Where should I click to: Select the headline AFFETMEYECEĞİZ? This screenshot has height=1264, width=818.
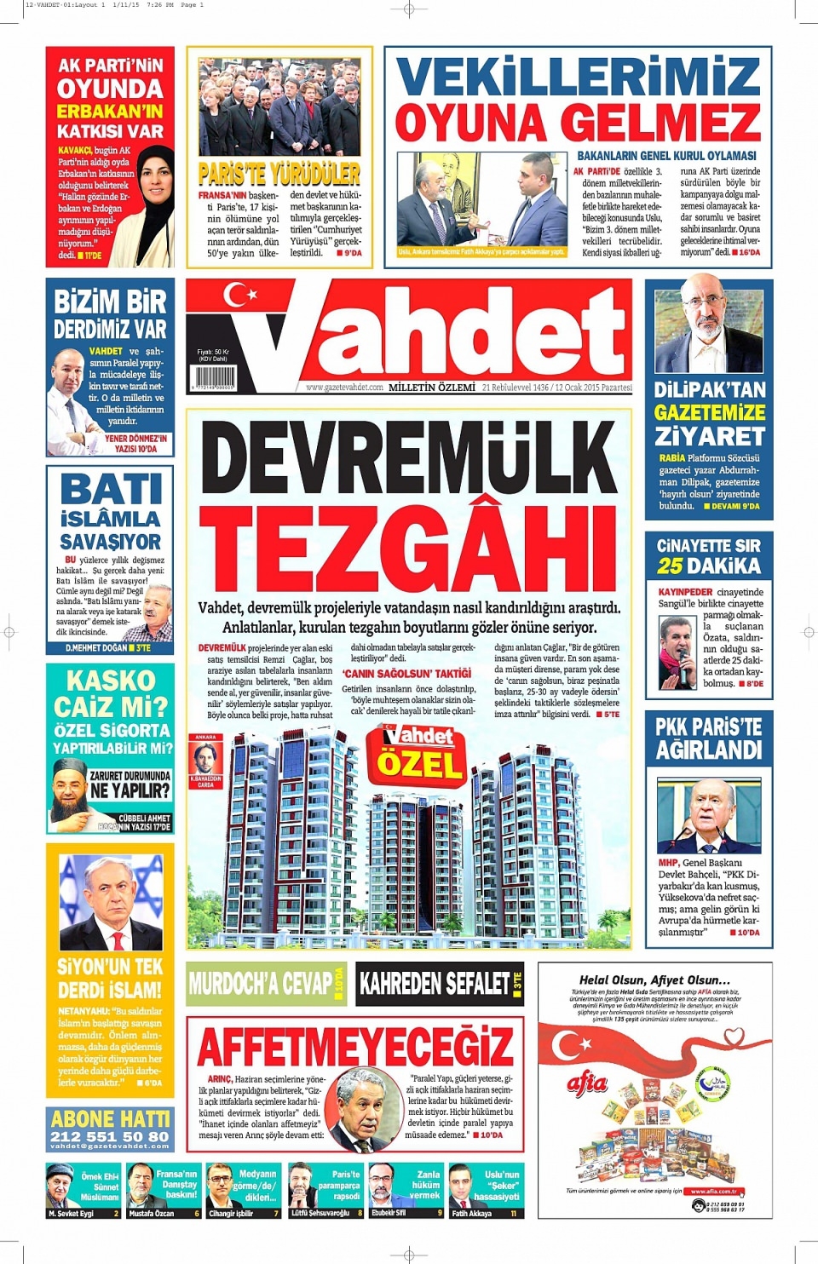356,1046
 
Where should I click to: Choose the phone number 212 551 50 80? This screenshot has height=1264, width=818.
110,1136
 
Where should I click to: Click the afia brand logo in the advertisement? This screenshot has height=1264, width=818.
587,1083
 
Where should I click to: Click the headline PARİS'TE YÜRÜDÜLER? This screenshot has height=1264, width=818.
279,175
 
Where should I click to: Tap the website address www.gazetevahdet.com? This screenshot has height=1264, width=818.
344,388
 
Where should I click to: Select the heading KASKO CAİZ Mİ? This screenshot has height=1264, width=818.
110,694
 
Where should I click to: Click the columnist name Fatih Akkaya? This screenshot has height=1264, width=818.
472,1213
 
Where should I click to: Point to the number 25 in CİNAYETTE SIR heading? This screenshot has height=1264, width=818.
670,566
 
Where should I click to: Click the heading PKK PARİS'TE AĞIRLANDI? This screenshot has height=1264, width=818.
709,738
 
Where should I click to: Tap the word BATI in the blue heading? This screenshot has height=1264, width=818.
112,491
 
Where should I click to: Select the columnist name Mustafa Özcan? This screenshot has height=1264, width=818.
152,1213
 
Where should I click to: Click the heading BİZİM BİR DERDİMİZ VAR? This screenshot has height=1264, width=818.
110,314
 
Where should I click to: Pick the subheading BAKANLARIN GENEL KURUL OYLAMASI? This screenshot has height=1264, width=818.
666,156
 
